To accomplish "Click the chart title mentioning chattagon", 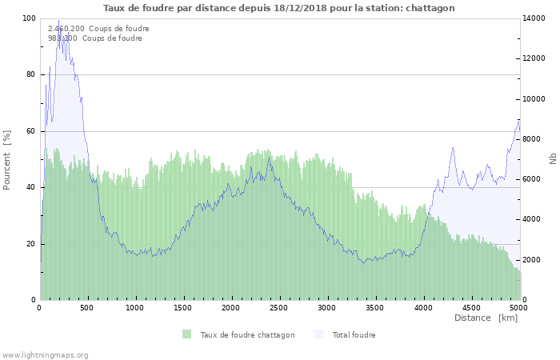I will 279,8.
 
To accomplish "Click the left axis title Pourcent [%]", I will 7,160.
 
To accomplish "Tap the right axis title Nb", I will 552,159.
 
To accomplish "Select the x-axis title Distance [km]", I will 486,318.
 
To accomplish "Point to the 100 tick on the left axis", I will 29,18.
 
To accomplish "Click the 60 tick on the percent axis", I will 31,131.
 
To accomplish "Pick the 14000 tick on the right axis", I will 534,18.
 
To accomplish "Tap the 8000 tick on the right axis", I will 532,139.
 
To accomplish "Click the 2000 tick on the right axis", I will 532,260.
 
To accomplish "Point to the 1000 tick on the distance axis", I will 136,307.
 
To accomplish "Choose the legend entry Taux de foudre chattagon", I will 247,335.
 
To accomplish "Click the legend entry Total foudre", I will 354,335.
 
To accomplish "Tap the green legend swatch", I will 187,334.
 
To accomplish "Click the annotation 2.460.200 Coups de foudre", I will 98,28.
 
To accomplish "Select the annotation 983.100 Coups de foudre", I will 95,38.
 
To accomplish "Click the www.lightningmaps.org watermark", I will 45,354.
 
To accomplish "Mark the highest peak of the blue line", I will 58,22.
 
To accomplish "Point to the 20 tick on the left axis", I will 31,244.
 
